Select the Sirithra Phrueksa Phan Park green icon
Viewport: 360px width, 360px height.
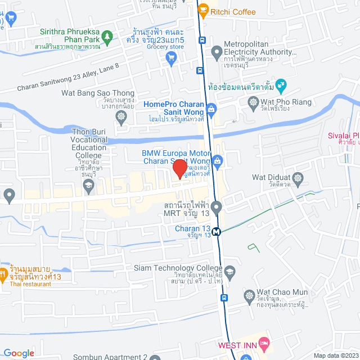[109, 37]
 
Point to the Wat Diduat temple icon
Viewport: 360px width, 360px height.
[298, 178]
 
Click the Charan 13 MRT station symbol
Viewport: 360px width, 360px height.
[217, 229]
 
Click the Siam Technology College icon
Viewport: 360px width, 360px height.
[229, 272]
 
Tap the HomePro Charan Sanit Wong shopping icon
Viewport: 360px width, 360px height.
[211, 108]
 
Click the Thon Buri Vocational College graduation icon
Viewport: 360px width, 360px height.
[88, 184]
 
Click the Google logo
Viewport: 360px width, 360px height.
[18, 353]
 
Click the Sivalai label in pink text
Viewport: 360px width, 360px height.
[344, 135]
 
